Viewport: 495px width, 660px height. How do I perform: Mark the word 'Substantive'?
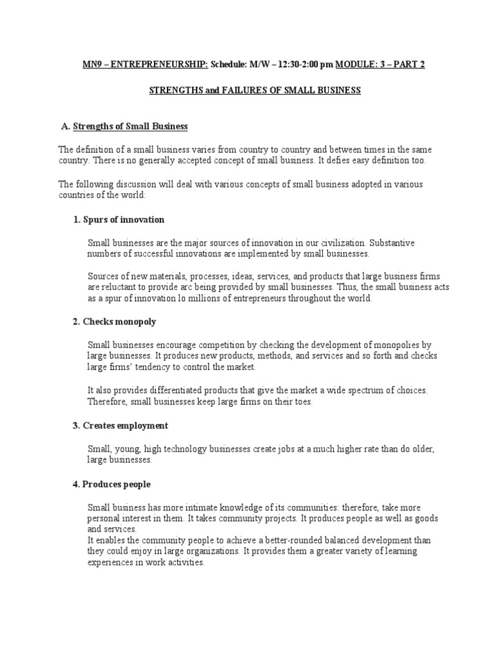click(392, 243)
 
